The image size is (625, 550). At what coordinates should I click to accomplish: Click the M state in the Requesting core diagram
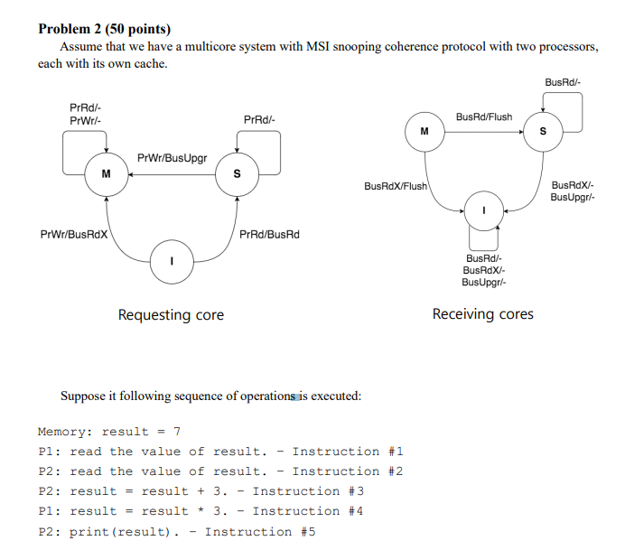(x=107, y=173)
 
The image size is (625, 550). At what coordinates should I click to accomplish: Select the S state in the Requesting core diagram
(x=236, y=174)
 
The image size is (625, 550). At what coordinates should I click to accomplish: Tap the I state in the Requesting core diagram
(x=172, y=261)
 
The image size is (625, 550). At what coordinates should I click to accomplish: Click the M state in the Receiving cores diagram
(x=424, y=133)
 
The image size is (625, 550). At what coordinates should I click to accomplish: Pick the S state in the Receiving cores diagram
(x=543, y=133)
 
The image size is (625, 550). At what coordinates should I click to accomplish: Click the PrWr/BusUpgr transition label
(x=172, y=158)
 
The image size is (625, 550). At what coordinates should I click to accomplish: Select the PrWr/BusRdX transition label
(x=74, y=235)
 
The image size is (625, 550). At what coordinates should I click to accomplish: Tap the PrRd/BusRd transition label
(x=269, y=235)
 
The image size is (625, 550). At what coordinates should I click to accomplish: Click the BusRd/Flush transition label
(x=483, y=117)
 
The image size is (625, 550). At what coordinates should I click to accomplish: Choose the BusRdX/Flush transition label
(x=396, y=186)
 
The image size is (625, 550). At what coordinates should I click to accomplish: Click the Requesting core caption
(x=171, y=315)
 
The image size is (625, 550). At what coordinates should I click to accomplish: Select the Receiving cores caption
(x=482, y=314)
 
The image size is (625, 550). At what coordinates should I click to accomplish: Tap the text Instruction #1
(x=348, y=452)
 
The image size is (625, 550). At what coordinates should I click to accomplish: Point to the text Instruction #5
(x=260, y=531)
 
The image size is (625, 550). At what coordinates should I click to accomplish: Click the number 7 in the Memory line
(x=177, y=432)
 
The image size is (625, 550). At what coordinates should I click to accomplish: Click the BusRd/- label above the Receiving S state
(x=563, y=83)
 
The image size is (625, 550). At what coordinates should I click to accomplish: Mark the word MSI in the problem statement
(x=324, y=47)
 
